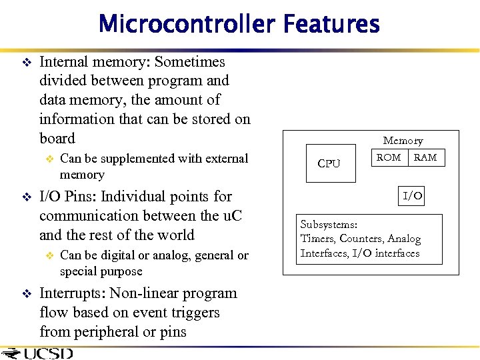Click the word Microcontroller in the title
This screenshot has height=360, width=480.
click(187, 25)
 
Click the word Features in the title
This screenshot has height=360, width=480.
click(331, 25)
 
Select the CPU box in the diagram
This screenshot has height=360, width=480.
click(329, 163)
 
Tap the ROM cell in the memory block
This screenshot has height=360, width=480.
click(389, 158)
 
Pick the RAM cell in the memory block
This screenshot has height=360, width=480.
click(425, 158)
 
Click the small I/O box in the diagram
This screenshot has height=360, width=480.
click(412, 196)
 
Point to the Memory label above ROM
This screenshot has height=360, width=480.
click(403, 141)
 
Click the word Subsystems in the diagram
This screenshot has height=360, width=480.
click(329, 225)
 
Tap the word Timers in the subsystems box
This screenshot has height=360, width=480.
click(319, 239)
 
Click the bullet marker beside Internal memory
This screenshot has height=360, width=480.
click(27, 63)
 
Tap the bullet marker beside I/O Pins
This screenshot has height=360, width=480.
click(27, 197)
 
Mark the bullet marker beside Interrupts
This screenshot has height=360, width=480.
click(27, 294)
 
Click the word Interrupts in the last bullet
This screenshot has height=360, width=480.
click(72, 293)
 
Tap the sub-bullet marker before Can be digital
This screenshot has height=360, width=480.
click(48, 256)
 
